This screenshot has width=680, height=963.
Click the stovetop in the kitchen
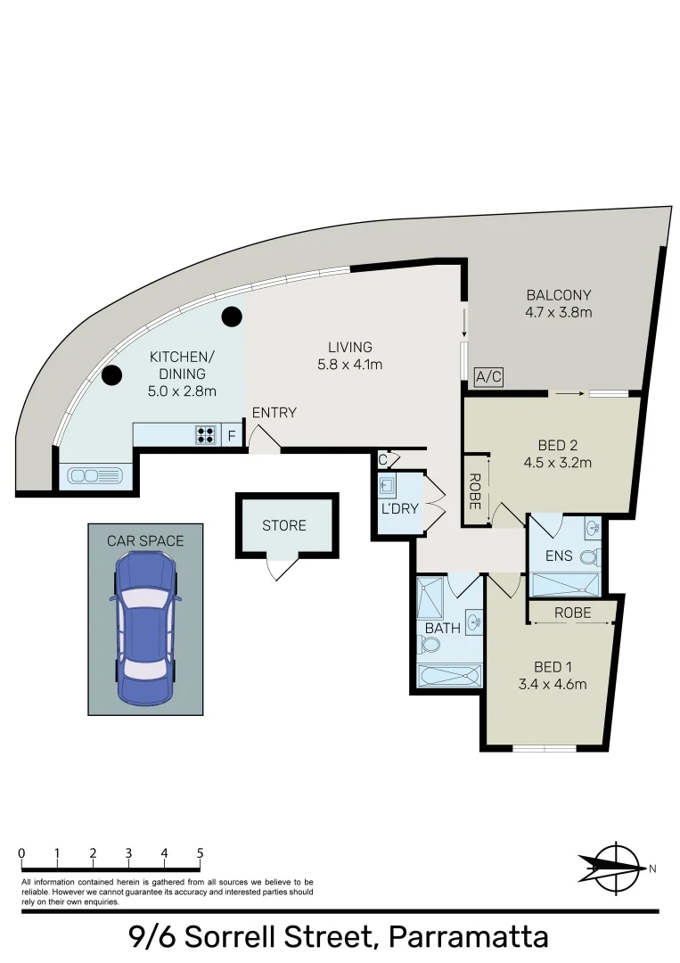[x=206, y=435]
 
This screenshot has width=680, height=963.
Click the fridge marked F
[x=232, y=436]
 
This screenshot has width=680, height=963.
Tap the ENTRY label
[x=274, y=413]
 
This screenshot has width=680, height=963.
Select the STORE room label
[x=284, y=526]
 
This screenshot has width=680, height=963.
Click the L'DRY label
[x=399, y=509]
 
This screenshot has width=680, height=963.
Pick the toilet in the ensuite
[x=588, y=559]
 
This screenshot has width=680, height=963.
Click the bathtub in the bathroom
[x=450, y=675]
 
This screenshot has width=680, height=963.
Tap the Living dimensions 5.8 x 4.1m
[x=349, y=364]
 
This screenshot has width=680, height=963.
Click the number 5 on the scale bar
[x=201, y=853]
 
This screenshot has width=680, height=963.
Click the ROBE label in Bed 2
[x=475, y=490]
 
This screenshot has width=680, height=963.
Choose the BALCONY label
[x=559, y=295]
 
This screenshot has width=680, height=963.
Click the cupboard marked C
[x=383, y=460]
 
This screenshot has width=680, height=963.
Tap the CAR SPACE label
[x=145, y=540]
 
